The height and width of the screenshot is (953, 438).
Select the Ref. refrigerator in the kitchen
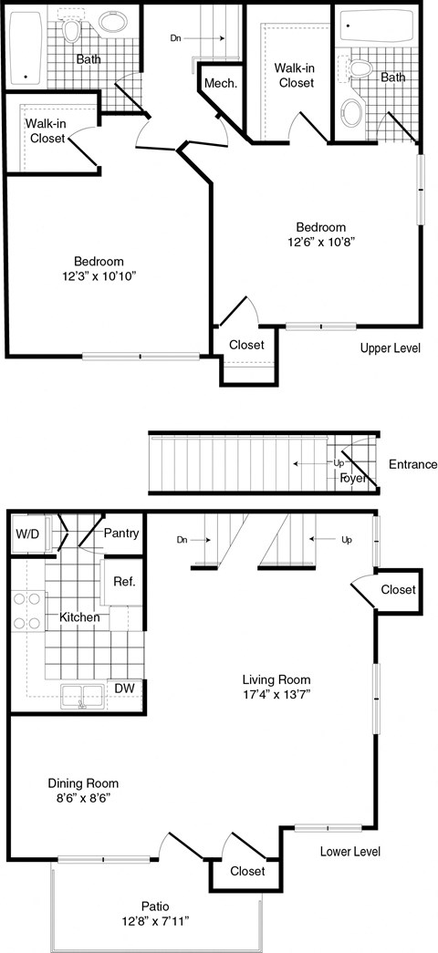[x=123, y=582]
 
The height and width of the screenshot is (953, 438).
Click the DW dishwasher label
[x=124, y=688]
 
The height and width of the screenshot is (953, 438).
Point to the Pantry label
[x=120, y=533]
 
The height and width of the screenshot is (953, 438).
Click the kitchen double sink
[x=82, y=696]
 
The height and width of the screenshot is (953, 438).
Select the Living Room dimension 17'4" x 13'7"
[x=276, y=697]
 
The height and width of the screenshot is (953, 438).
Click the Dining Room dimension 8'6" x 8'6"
[x=82, y=800]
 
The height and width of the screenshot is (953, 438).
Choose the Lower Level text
[x=349, y=852]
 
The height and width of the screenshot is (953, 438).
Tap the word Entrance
[x=412, y=464]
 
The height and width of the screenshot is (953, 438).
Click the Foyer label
[x=352, y=477]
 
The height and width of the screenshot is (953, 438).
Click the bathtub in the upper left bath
[x=26, y=47]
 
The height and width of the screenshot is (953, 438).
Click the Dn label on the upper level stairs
[x=176, y=38]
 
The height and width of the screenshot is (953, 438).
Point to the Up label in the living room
[x=346, y=540]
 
